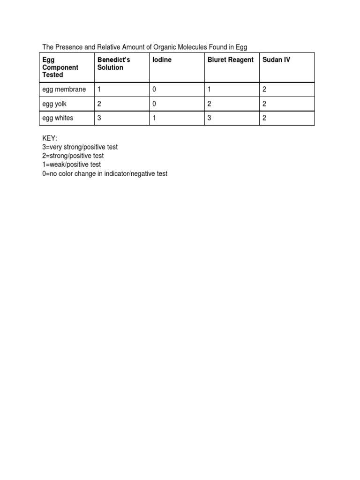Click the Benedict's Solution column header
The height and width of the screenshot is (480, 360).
pyautogui.click(x=113, y=64)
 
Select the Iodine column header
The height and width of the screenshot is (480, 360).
pyautogui.click(x=162, y=60)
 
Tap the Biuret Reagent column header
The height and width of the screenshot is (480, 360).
pyautogui.click(x=230, y=60)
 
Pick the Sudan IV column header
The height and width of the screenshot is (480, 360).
pyautogui.click(x=276, y=60)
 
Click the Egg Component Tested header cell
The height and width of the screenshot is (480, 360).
pyautogui.click(x=60, y=67)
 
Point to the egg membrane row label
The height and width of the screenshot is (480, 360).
pyautogui.click(x=64, y=90)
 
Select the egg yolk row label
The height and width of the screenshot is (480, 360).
pyautogui.click(x=54, y=104)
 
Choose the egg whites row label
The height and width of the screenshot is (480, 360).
pyautogui.click(x=58, y=118)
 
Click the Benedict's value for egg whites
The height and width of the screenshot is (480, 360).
pyautogui.click(x=99, y=118)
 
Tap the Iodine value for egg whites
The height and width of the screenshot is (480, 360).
pyautogui.click(x=154, y=118)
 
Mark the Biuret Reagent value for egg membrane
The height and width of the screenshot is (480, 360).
pyautogui.click(x=209, y=90)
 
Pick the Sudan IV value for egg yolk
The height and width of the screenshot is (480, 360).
pyautogui.click(x=264, y=104)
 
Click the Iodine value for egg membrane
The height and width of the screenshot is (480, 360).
pyautogui.click(x=154, y=90)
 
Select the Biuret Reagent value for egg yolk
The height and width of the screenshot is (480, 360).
pyautogui.click(x=209, y=104)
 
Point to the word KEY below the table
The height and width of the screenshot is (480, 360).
pyautogui.click(x=50, y=138)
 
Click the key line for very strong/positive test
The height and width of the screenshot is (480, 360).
pyautogui.click(x=80, y=147)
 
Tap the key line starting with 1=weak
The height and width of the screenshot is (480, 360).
pyautogui.click(x=71, y=165)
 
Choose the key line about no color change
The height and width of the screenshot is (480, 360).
pyautogui.click(x=105, y=174)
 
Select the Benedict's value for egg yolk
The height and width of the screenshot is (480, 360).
pyautogui.click(x=99, y=104)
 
